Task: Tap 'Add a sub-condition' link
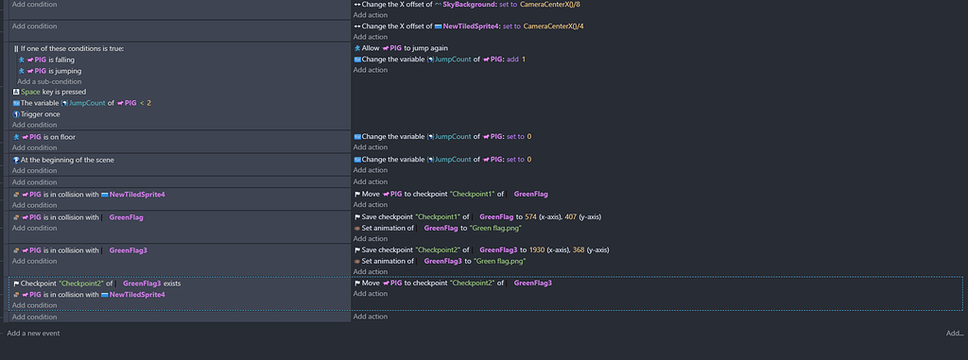pyautogui.click(x=48, y=81)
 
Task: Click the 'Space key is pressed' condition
pyautogui.click(x=54, y=92)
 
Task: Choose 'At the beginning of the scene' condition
pyautogui.click(x=67, y=160)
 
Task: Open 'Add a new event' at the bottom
pyautogui.click(x=33, y=334)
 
